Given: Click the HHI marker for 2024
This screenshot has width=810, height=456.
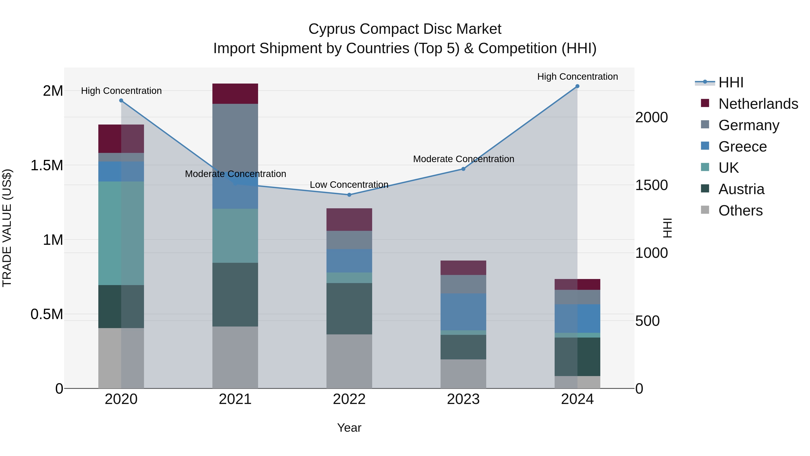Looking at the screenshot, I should (577, 86).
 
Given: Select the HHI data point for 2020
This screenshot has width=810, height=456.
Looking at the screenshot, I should (121, 101).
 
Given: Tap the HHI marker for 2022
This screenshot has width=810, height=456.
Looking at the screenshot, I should (349, 195).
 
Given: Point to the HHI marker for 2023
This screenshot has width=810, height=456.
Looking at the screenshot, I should (463, 169).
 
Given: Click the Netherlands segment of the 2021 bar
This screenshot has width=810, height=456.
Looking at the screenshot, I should (235, 94).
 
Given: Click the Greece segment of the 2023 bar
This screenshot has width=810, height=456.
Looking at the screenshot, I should (463, 312).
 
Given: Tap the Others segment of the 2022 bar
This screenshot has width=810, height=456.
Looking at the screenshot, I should (349, 361).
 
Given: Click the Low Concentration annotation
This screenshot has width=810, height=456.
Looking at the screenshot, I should (349, 185).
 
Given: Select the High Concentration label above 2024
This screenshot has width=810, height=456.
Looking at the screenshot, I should (577, 77).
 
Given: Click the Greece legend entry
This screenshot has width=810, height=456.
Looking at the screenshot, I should (742, 147).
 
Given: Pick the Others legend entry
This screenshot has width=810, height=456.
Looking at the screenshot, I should (740, 211).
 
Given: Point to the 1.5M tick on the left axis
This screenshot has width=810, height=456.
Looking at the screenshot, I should (47, 166).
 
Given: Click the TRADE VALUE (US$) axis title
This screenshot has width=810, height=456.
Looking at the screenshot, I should (7, 228).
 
